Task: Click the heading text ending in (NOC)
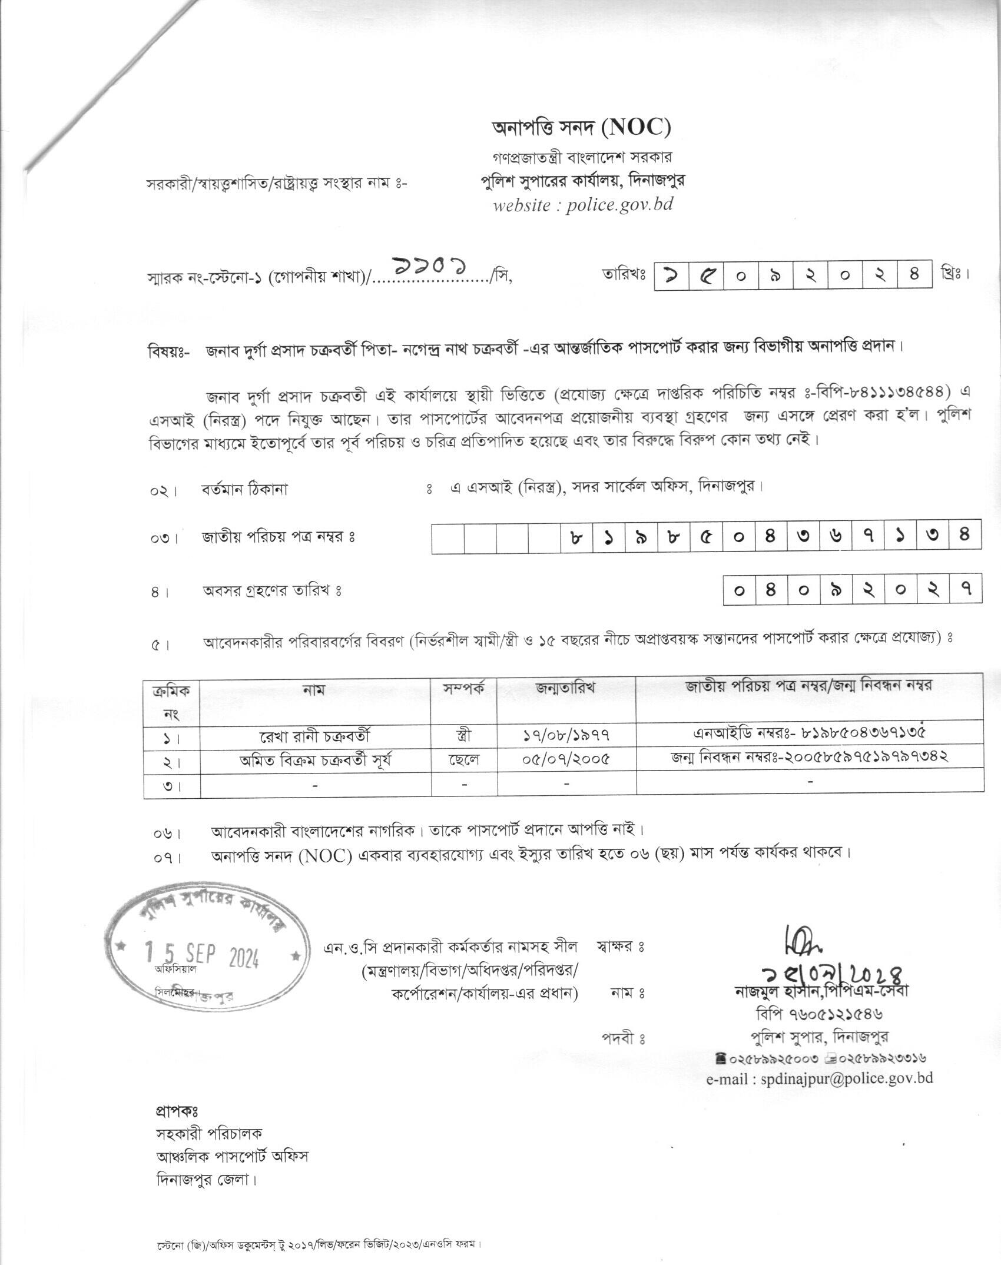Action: tap(582, 127)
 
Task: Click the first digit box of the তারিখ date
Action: tap(672, 274)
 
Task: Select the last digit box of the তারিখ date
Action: tap(914, 274)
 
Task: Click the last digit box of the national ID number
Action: tap(964, 537)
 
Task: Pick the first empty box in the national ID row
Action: tap(448, 537)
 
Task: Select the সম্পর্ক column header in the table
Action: tap(464, 689)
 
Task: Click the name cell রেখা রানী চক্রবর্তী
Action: tap(316, 736)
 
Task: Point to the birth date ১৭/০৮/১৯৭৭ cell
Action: tap(566, 736)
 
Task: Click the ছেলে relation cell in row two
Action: tap(464, 760)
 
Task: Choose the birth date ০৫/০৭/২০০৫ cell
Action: tap(566, 760)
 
